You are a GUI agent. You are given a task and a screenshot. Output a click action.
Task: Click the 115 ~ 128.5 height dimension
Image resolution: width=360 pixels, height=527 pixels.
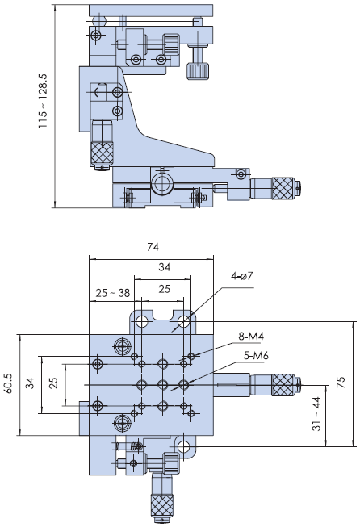pyautogui.click(x=44, y=101)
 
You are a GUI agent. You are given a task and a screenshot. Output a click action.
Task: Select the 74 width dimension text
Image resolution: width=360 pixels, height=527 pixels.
pyautogui.click(x=153, y=247)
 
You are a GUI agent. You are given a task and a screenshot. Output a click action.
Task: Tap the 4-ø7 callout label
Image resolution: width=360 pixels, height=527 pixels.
pyautogui.click(x=241, y=276)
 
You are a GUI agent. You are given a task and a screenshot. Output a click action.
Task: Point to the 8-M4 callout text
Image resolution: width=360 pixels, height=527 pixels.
pyautogui.click(x=251, y=336)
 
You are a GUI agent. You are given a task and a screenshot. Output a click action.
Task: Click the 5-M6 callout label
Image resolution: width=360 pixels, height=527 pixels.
pyautogui.click(x=256, y=355)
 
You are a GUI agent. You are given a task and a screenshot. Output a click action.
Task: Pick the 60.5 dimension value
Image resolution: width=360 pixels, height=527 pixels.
pyautogui.click(x=8, y=383)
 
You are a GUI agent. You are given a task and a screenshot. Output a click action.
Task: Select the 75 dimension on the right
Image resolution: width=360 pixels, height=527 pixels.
pyautogui.click(x=341, y=383)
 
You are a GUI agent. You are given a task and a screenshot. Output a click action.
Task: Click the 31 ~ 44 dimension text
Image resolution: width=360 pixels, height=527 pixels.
pyautogui.click(x=316, y=414)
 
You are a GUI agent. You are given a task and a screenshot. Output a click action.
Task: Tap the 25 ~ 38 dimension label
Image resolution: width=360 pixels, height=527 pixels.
pyautogui.click(x=113, y=293)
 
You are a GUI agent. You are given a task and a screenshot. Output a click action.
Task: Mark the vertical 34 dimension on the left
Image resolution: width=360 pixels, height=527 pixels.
pyautogui.click(x=30, y=383)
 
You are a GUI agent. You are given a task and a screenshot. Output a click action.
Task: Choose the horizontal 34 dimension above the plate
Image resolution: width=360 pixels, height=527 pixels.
pyautogui.click(x=165, y=267)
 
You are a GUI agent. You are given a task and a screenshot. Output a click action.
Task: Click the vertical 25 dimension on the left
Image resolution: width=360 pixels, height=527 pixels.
pyautogui.click(x=53, y=383)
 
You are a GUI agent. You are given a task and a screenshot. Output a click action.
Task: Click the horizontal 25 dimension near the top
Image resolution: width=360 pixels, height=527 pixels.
pyautogui.click(x=165, y=289)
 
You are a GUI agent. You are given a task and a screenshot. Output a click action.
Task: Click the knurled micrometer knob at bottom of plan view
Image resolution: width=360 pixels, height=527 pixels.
pyautogui.click(x=161, y=505)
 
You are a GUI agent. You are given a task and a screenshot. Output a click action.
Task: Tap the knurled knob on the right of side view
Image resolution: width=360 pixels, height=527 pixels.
pyautogui.click(x=283, y=188)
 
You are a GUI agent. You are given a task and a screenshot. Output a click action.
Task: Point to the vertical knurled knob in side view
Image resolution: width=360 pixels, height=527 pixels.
pyautogui.click(x=102, y=153)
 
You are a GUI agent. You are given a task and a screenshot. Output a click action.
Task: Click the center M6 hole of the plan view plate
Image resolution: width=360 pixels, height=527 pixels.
pyautogui.click(x=163, y=384)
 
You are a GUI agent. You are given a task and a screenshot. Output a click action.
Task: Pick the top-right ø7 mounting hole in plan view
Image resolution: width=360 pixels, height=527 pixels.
pyautogui.click(x=184, y=322)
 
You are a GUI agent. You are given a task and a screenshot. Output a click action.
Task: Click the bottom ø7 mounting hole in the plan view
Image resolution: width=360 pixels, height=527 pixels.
pyautogui.click(x=183, y=446)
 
